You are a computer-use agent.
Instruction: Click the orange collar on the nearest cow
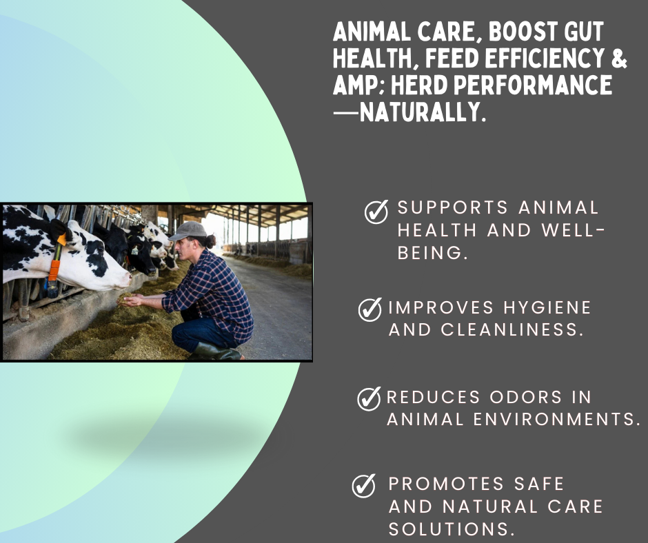click(x=54, y=270)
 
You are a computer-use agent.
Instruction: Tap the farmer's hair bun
click(x=210, y=241)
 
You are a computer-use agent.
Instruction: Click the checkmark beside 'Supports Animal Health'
click(x=376, y=212)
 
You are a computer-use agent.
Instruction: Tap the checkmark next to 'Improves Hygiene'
click(x=370, y=309)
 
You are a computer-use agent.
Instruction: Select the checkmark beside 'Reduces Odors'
click(x=369, y=398)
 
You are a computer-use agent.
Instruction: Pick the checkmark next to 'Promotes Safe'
click(x=364, y=485)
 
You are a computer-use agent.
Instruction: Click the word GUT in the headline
click(x=578, y=32)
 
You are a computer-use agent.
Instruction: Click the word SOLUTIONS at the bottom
click(x=452, y=529)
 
